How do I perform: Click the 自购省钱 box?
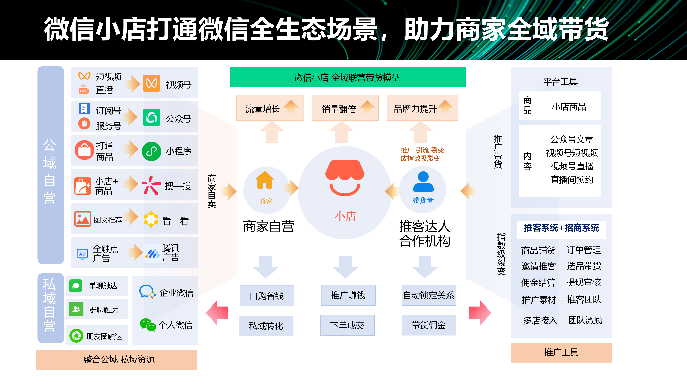tap(267, 296)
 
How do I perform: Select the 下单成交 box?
tap(347, 325)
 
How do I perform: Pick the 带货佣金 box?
tap(429, 325)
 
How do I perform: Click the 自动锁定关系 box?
tap(429, 295)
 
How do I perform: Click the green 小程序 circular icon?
tap(151, 151)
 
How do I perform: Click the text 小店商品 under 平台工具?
tap(569, 107)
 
